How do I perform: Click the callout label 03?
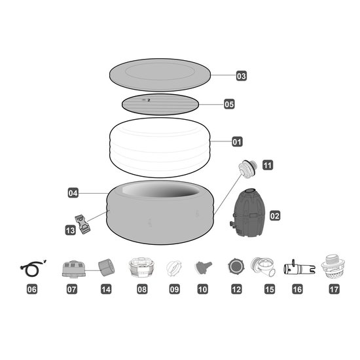(x=242, y=76)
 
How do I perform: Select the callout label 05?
(x=229, y=104)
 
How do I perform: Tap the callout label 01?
(x=237, y=141)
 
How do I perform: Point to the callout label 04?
(x=73, y=193)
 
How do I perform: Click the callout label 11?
(x=267, y=166)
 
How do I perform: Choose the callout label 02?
(x=274, y=214)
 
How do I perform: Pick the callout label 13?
(x=71, y=230)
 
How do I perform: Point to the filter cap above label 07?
(x=71, y=269)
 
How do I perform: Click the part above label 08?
(x=142, y=268)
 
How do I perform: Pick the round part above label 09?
(x=173, y=268)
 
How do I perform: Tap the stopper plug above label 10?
(x=203, y=267)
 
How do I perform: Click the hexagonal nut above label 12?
(x=236, y=268)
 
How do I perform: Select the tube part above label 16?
(x=297, y=268)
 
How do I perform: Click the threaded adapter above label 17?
(x=334, y=267)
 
